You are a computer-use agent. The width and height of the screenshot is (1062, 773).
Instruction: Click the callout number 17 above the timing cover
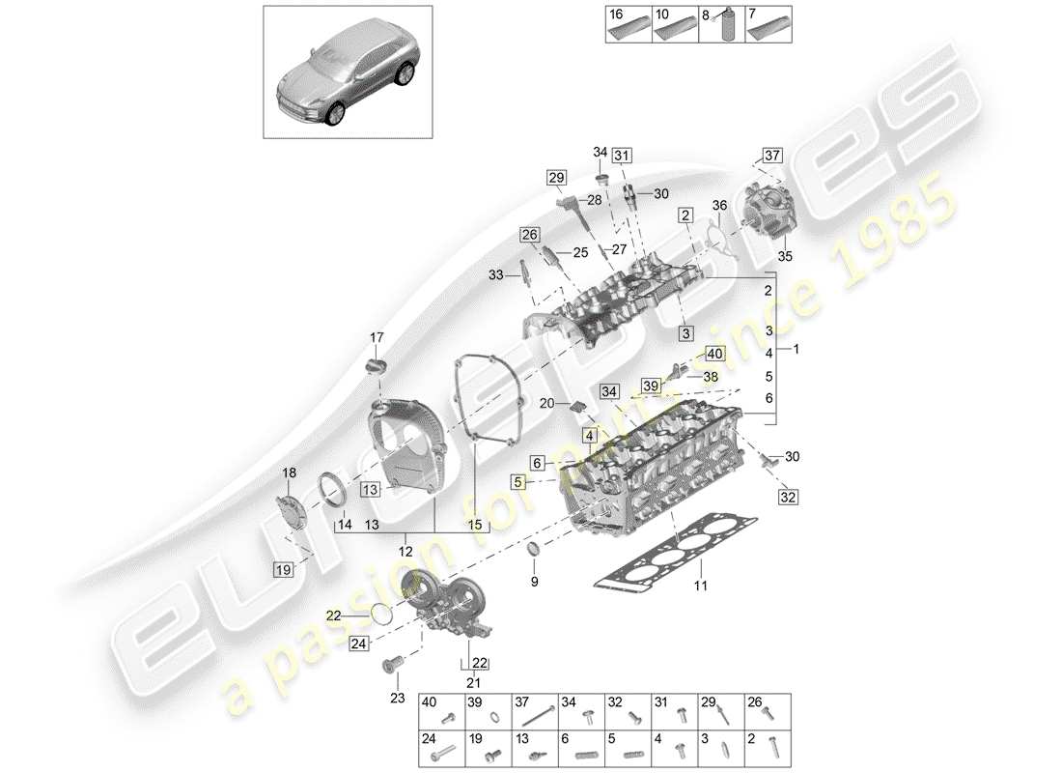tap(377, 337)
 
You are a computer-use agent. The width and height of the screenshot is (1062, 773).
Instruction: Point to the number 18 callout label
tap(289, 472)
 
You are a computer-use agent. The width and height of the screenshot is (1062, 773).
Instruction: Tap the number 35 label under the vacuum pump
tap(784, 257)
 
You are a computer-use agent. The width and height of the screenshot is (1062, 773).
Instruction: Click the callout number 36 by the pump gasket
tap(719, 205)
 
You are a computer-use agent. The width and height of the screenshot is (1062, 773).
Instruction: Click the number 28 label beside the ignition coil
tap(595, 199)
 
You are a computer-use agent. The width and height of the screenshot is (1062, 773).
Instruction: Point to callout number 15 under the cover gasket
tap(474, 525)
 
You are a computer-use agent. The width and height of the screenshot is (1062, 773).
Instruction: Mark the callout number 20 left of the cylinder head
tap(546, 403)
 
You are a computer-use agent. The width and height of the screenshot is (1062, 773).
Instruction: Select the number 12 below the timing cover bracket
tap(406, 550)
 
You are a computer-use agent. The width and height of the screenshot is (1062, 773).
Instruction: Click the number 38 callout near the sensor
tap(711, 378)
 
